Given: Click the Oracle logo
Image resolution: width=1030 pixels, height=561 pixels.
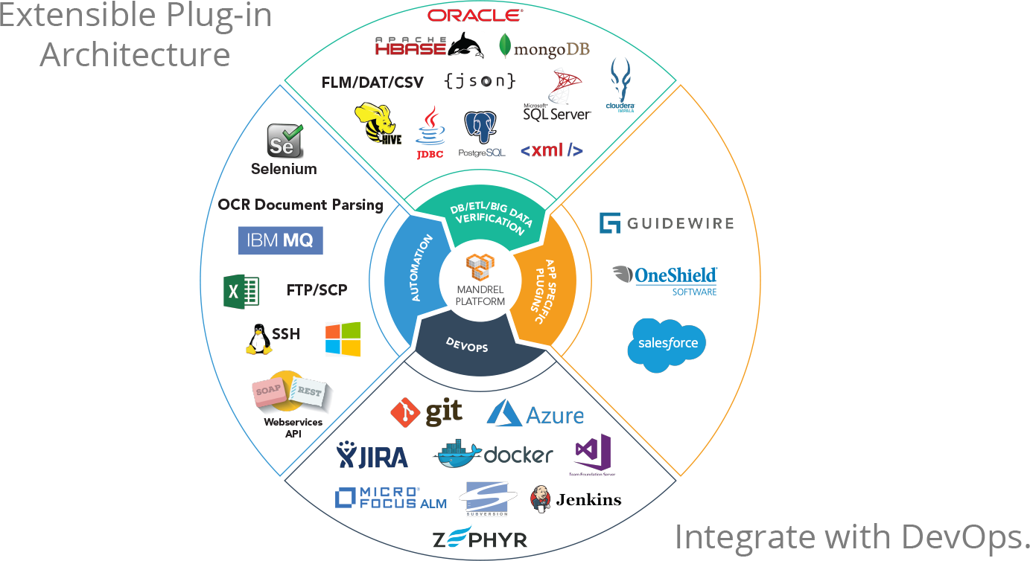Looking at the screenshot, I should pyautogui.click(x=475, y=15).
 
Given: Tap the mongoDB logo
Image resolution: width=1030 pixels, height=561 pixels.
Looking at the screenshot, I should pyautogui.click(x=544, y=47).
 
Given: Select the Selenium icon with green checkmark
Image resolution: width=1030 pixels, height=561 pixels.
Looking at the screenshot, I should pyautogui.click(x=284, y=141).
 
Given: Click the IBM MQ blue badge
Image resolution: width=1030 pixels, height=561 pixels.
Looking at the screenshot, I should pyautogui.click(x=280, y=240).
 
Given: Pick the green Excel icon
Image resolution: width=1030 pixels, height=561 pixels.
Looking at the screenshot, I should pyautogui.click(x=241, y=290).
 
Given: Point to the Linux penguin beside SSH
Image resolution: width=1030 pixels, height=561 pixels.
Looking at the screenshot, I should pyautogui.click(x=258, y=339).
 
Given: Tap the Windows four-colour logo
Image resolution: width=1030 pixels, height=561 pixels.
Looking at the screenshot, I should pyautogui.click(x=343, y=339).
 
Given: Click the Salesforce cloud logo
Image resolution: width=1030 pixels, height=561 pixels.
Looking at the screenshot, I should pyautogui.click(x=667, y=344).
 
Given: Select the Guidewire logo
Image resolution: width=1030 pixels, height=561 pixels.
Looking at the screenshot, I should pyautogui.click(x=667, y=222).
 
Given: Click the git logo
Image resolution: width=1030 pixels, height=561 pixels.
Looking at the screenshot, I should pyautogui.click(x=427, y=412).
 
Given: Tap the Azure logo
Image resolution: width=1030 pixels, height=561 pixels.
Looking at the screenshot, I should pyautogui.click(x=535, y=414).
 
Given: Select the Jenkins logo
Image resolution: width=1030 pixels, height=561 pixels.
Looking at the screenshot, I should pyautogui.click(x=575, y=499).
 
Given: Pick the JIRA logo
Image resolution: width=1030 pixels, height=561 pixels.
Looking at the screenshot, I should pyautogui.click(x=372, y=455).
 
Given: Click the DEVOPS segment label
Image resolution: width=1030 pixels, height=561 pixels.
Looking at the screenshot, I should pyautogui.click(x=467, y=344).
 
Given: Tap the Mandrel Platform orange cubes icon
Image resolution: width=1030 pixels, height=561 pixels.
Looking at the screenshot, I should pyautogui.click(x=480, y=267).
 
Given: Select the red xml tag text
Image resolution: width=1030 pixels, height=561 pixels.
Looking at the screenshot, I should pyautogui.click(x=551, y=150).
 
